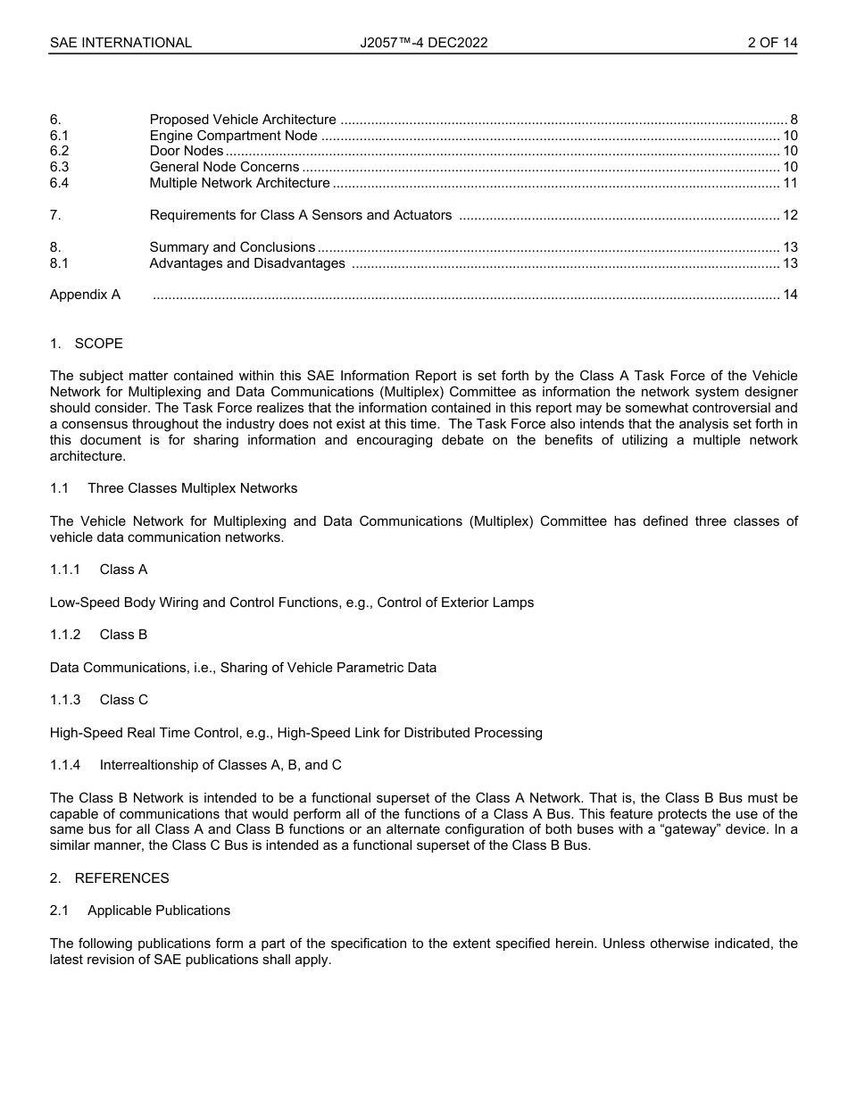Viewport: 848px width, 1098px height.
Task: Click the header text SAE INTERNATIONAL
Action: [121, 43]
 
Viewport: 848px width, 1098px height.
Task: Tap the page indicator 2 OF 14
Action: [772, 43]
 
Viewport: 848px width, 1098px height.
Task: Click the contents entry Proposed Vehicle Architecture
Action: [243, 120]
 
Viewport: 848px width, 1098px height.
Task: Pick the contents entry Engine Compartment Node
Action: [233, 136]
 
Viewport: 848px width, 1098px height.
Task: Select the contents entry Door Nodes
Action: [186, 151]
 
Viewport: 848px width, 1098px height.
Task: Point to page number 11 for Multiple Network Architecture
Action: [790, 183]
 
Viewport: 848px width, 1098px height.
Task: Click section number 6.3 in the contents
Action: [59, 167]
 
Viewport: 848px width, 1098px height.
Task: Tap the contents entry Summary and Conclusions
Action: [232, 247]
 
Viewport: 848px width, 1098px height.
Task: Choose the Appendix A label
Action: [85, 295]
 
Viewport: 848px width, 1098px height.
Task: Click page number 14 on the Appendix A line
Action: [790, 295]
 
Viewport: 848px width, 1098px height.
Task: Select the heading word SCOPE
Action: [99, 344]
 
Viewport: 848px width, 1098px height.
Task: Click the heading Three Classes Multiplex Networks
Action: [192, 488]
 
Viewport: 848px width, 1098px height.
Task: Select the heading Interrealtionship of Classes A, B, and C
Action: [220, 765]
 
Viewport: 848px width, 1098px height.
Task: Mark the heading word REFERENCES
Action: [121, 878]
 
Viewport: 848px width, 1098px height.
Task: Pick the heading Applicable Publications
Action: [159, 911]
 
